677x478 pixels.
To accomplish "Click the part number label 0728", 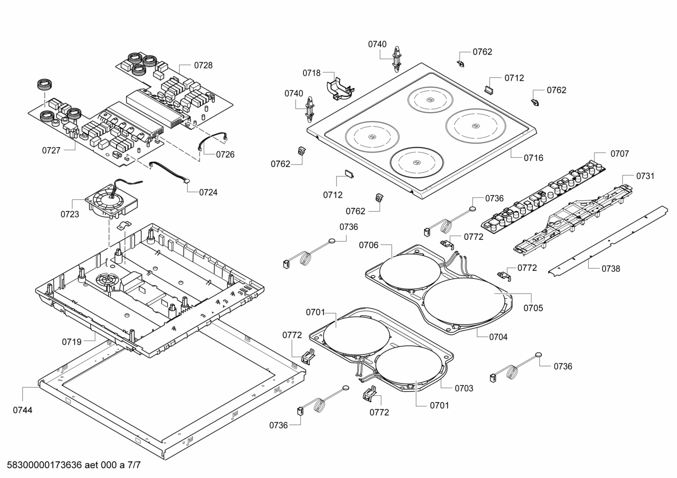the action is [x=203, y=65].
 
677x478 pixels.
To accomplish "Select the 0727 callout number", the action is [x=51, y=151].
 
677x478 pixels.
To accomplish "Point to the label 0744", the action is [x=23, y=410].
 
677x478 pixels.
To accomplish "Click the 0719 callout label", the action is [x=72, y=342].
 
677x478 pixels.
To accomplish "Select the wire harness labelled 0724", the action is [x=169, y=172].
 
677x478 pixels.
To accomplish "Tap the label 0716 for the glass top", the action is [x=533, y=158].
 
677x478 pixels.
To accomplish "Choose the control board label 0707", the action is [x=620, y=154].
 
